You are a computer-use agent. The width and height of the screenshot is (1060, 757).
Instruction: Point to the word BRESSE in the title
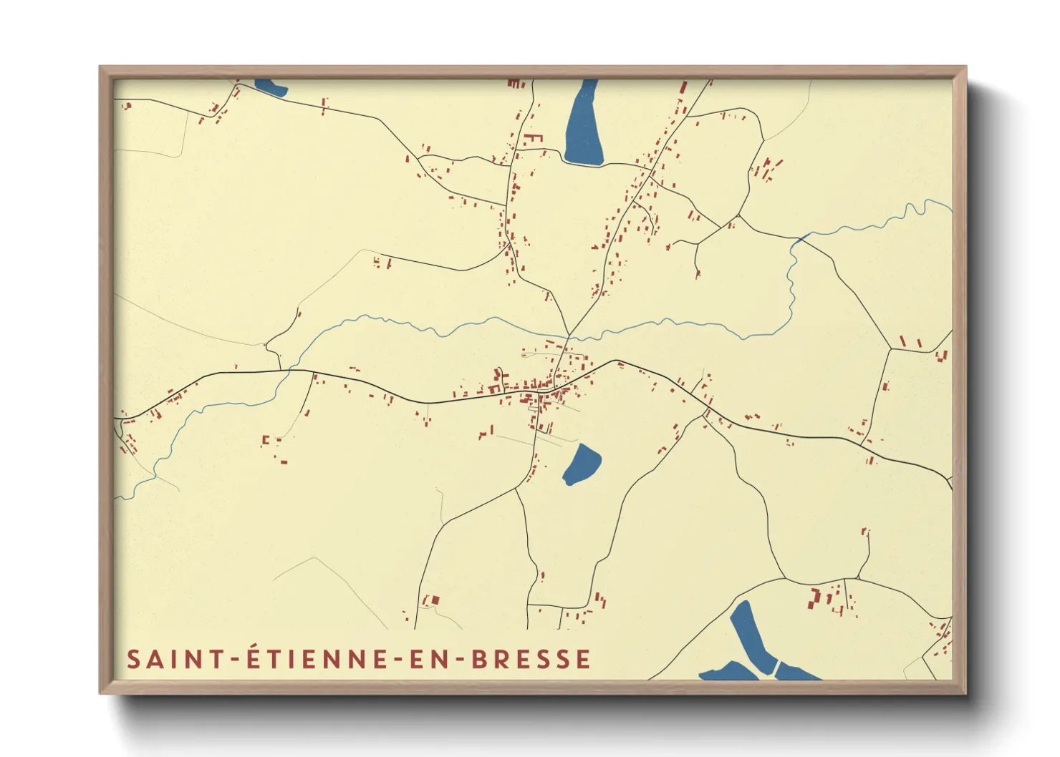pyautogui.click(x=531, y=659)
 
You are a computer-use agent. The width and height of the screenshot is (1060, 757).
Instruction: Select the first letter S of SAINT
pyautogui.click(x=133, y=659)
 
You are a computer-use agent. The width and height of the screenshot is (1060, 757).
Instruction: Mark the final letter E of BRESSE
pyautogui.click(x=584, y=659)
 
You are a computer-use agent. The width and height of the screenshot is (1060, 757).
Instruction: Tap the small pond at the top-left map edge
pyautogui.click(x=271, y=87)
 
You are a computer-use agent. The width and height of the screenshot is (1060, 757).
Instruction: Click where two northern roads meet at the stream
pyautogui.click(x=569, y=336)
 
